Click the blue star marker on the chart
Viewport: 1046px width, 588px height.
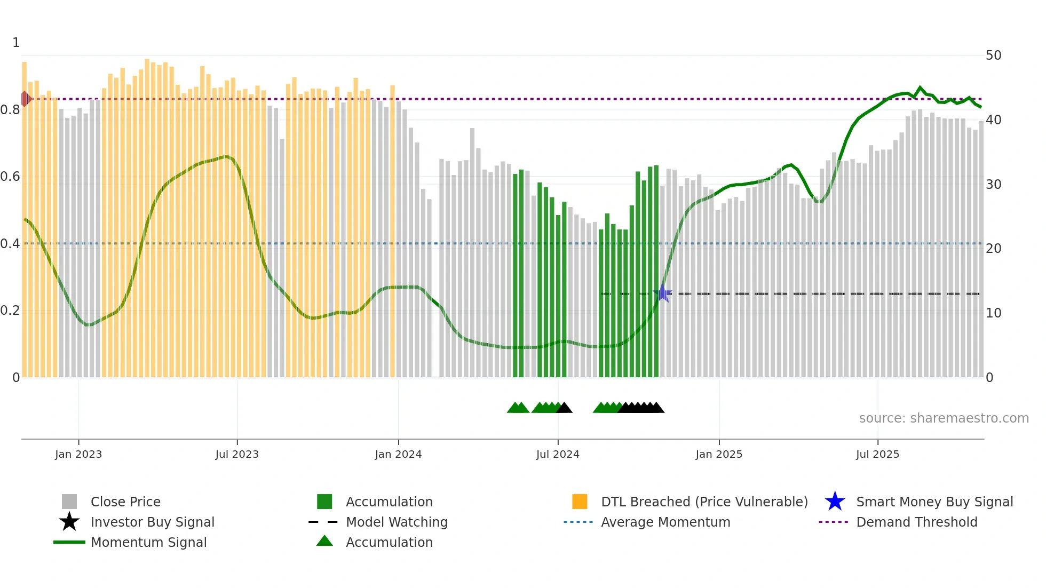[x=662, y=293]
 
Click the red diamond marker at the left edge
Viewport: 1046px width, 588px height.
[x=25, y=99]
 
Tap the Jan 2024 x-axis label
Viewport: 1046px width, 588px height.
[x=398, y=454]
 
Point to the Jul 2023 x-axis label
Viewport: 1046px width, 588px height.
[x=237, y=454]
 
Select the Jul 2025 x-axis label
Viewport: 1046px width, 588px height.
[x=877, y=454]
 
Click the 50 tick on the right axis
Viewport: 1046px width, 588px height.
[x=993, y=55]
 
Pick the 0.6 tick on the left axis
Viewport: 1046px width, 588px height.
[x=10, y=177]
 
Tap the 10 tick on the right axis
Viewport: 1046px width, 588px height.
[x=993, y=313]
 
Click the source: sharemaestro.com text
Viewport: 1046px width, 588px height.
[x=944, y=418]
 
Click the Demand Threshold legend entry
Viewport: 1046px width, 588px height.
[x=916, y=522]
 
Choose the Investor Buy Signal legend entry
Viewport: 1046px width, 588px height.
[x=152, y=522]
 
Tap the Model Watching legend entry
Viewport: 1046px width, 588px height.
[x=396, y=522]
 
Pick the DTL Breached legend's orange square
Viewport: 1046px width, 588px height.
[x=580, y=502]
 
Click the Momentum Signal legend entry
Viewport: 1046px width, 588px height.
[x=148, y=542]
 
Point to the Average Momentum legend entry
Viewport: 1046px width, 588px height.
[x=665, y=522]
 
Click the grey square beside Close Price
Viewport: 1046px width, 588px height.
[x=69, y=502]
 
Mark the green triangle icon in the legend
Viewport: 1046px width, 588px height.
[x=324, y=541]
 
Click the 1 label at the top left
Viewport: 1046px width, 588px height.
[x=16, y=43]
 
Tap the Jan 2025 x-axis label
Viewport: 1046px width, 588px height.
[x=719, y=454]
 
